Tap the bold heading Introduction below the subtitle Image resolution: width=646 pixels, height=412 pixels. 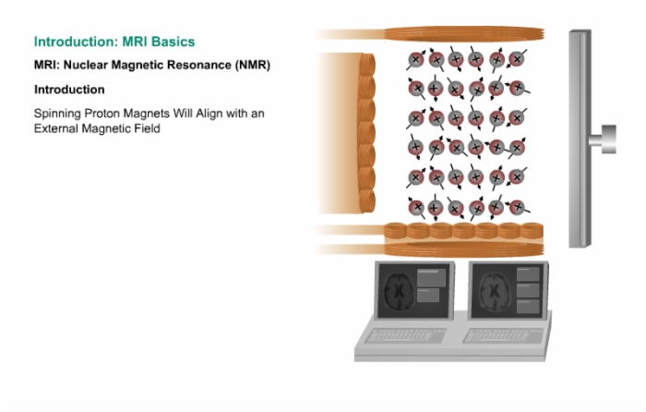pyautogui.click(x=69, y=90)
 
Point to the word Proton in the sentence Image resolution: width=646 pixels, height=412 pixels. pyautogui.click(x=102, y=113)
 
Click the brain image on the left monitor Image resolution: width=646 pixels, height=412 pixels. pyautogui.click(x=399, y=292)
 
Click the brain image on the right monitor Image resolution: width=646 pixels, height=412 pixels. pyautogui.click(x=495, y=292)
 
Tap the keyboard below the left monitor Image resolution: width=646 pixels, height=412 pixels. pyautogui.click(x=405, y=335)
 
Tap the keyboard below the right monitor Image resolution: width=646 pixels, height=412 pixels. pyautogui.click(x=503, y=335)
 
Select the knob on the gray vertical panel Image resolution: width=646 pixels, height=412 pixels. pyautogui.click(x=604, y=139)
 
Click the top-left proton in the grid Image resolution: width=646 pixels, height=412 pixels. pyautogui.click(x=415, y=60)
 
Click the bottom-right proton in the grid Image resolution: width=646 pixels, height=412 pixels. pyautogui.click(x=518, y=207)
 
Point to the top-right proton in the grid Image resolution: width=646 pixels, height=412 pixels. pyautogui.click(x=517, y=59)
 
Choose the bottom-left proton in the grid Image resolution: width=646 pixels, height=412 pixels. pyautogui.click(x=416, y=207)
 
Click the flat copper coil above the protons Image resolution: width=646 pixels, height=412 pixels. pyautogui.click(x=464, y=34)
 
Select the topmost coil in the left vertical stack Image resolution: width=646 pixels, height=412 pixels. pyautogui.click(x=367, y=65)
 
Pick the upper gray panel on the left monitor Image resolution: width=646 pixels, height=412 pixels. pyautogui.click(x=431, y=277)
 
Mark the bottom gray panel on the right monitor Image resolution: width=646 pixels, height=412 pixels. pyautogui.click(x=528, y=307)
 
